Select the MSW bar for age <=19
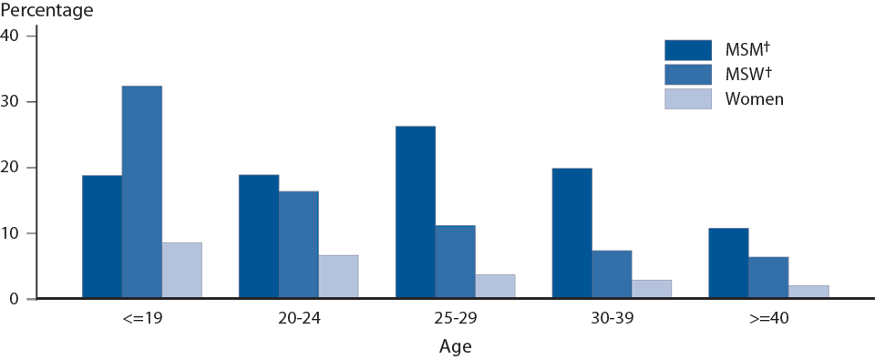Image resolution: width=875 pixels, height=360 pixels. point(142,192)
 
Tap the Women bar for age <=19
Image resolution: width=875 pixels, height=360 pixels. point(182,271)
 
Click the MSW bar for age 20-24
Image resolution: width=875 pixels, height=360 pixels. point(299,245)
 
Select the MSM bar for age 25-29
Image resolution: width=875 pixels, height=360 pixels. point(416,212)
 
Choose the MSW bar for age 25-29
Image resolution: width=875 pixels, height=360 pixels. point(456,262)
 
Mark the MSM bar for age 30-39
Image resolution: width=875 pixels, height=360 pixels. point(572,233)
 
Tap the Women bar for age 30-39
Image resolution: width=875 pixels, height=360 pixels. point(653,289)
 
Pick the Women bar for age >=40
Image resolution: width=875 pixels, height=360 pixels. point(809,292)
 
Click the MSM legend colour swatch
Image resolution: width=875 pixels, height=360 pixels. point(687,49)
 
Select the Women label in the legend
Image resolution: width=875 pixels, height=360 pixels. point(754,98)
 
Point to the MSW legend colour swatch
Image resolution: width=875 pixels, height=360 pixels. point(687,74)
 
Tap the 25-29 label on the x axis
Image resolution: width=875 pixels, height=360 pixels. point(455,320)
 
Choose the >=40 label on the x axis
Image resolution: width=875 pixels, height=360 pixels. point(768,320)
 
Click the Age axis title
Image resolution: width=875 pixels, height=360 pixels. point(455,346)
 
